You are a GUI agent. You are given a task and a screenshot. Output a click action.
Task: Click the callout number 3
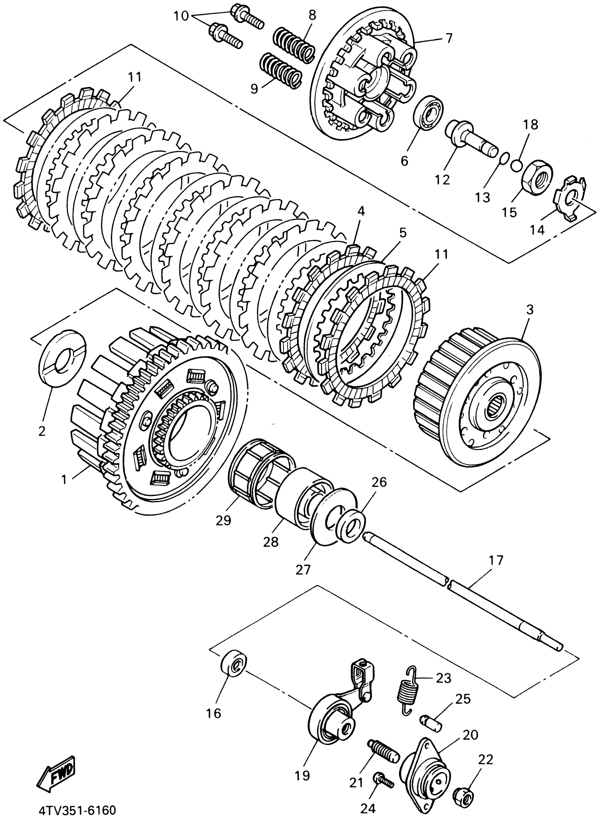(530, 310)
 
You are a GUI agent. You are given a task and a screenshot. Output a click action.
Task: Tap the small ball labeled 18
(516, 165)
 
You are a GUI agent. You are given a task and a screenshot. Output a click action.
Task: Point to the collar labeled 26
(350, 524)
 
